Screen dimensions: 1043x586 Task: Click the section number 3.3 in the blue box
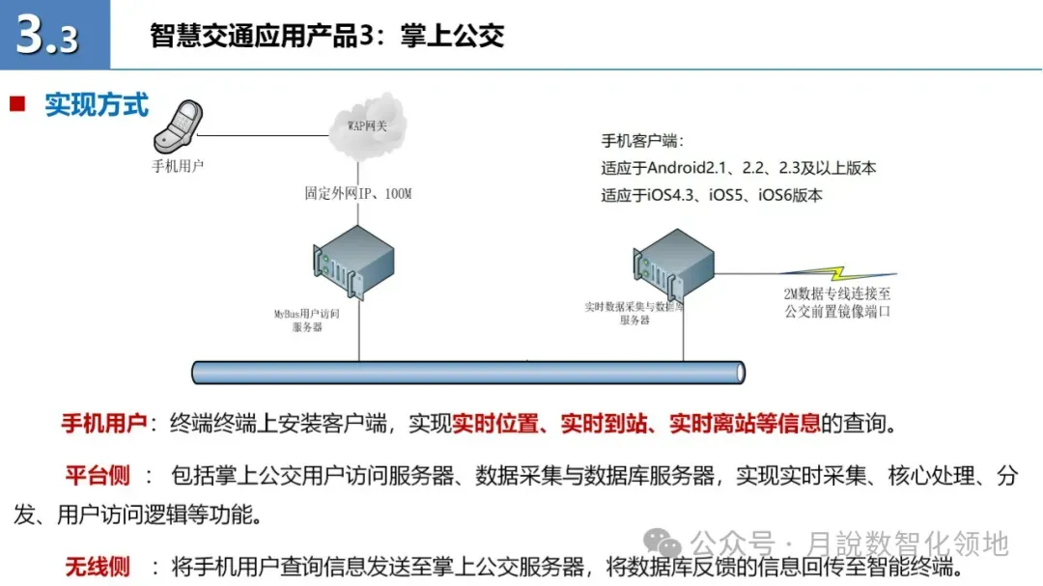(x=48, y=36)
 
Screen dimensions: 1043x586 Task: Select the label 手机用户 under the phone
(x=178, y=165)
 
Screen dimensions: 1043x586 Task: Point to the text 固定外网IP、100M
(x=358, y=194)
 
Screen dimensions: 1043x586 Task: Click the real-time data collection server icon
(x=675, y=261)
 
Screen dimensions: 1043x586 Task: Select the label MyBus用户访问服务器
(x=320, y=320)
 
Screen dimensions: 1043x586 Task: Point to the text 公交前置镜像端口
(x=838, y=311)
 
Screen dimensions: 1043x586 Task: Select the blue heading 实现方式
(x=97, y=104)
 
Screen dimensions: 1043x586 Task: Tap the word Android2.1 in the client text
(x=688, y=168)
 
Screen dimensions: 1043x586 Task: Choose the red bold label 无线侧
(x=98, y=566)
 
